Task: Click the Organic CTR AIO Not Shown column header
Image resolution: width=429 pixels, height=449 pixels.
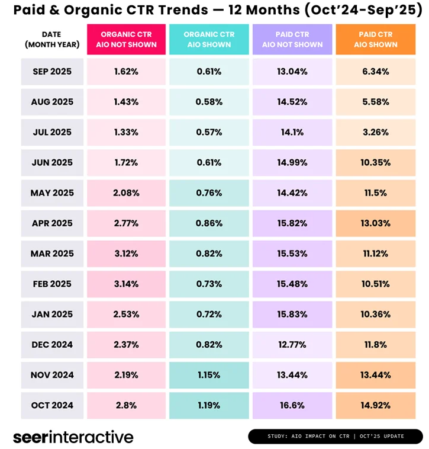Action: [126, 40]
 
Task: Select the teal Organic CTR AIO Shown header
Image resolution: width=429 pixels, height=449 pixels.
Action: [209, 40]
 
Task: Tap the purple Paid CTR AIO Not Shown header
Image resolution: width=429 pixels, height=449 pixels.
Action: [292, 40]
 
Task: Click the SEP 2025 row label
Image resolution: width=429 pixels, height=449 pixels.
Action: [52, 72]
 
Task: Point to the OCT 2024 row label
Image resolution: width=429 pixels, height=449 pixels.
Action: [52, 405]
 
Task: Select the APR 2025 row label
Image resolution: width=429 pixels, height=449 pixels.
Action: [52, 223]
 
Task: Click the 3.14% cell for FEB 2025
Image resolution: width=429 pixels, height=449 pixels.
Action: [126, 284]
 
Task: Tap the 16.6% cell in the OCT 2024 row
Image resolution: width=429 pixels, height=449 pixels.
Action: [292, 405]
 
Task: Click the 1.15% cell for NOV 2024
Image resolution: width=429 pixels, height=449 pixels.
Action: [209, 375]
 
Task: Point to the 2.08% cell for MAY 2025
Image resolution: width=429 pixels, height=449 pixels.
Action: [126, 193]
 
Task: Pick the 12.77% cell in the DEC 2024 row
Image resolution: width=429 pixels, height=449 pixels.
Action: [292, 345]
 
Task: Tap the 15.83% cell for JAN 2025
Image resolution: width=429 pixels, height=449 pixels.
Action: [292, 314]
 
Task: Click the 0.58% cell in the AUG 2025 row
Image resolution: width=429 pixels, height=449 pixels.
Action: [209, 102]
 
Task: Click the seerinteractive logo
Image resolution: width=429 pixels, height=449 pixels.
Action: [73, 437]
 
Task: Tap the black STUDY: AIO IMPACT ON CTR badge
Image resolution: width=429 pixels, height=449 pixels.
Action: [335, 437]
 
